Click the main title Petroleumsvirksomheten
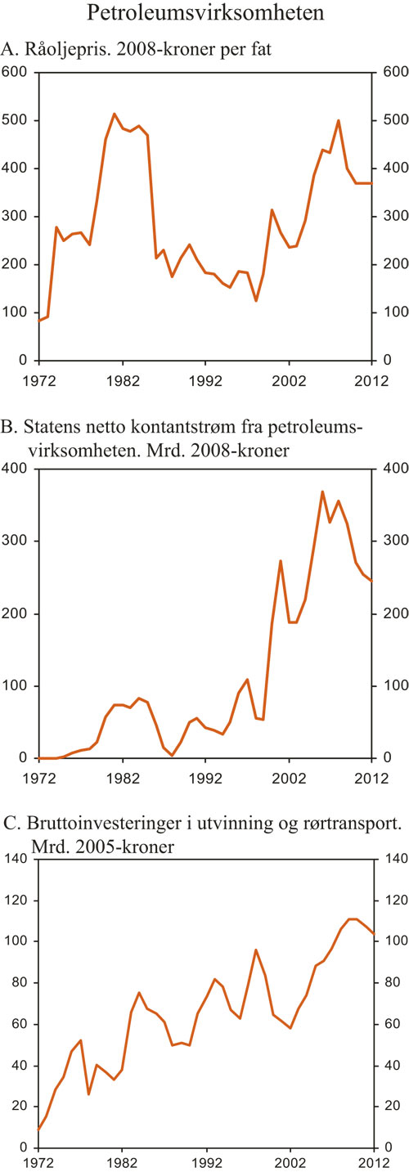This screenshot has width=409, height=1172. click(x=204, y=14)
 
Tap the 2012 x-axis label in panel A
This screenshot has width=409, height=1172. click(x=371, y=381)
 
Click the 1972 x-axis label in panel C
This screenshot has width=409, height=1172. click(x=39, y=1161)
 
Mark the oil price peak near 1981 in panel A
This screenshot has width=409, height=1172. click(x=114, y=114)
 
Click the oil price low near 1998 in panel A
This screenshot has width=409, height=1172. click(x=256, y=301)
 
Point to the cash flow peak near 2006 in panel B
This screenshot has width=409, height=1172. click(x=322, y=492)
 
